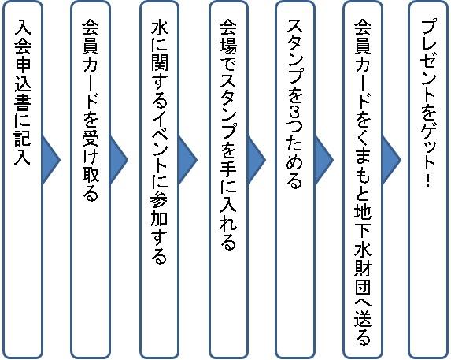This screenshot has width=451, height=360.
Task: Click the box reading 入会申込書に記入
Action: click(23, 180)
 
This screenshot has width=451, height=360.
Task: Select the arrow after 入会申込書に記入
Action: click(51, 160)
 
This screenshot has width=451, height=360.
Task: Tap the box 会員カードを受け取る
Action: click(91, 180)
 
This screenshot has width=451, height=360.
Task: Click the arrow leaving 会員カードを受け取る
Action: click(119, 160)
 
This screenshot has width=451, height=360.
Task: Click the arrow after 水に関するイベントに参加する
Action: click(188, 160)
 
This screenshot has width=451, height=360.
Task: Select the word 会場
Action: click(228, 37)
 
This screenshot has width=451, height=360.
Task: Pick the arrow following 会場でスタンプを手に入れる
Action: click(257, 160)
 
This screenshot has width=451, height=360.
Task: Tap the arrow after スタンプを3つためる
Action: click(324, 160)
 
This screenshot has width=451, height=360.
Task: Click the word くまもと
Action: click(362, 166)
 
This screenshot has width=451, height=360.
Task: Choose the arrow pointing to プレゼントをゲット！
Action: click(392, 160)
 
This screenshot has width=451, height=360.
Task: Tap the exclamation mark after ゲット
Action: click(429, 180)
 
